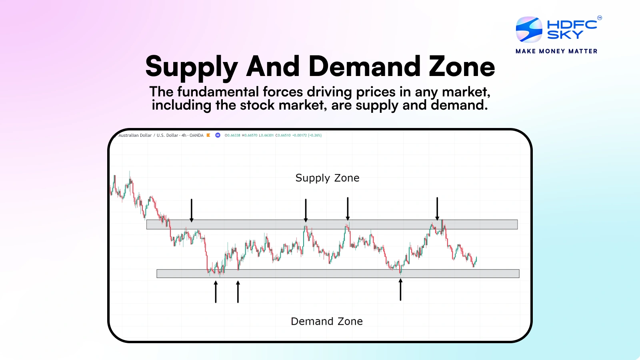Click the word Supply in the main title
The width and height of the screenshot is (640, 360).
click(192, 67)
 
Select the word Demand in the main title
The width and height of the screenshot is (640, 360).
click(364, 67)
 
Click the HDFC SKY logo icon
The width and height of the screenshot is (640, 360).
click(529, 30)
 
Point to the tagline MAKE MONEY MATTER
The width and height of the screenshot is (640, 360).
click(556, 51)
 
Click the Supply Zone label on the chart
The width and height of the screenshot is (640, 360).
click(327, 178)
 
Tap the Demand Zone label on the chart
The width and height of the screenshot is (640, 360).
click(327, 322)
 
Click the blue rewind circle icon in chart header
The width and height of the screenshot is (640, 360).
click(218, 135)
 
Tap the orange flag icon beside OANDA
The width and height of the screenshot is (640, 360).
click(208, 135)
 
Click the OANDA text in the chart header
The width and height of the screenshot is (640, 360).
click(196, 135)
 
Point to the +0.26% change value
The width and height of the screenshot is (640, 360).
click(315, 135)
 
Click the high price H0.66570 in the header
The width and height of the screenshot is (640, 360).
click(250, 135)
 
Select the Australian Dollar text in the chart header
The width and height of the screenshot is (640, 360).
click(135, 135)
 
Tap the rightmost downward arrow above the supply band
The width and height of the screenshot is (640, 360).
click(437, 208)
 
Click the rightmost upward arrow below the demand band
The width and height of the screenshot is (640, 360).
click(400, 290)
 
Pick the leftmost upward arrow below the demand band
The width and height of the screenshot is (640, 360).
click(216, 292)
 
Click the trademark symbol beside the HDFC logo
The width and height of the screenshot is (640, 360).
click(600, 18)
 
